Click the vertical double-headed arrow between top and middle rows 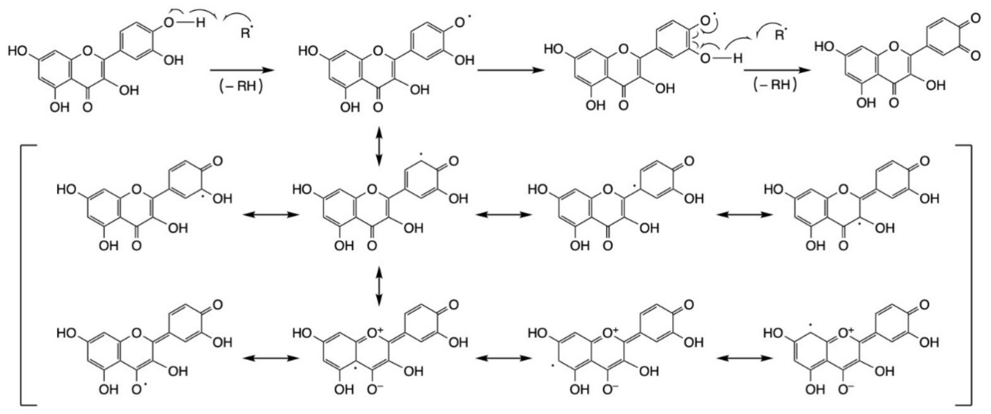click(x=379, y=146)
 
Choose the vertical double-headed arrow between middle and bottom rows click(x=379, y=286)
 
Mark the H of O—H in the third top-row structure click(x=737, y=59)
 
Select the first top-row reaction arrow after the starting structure click(x=241, y=70)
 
